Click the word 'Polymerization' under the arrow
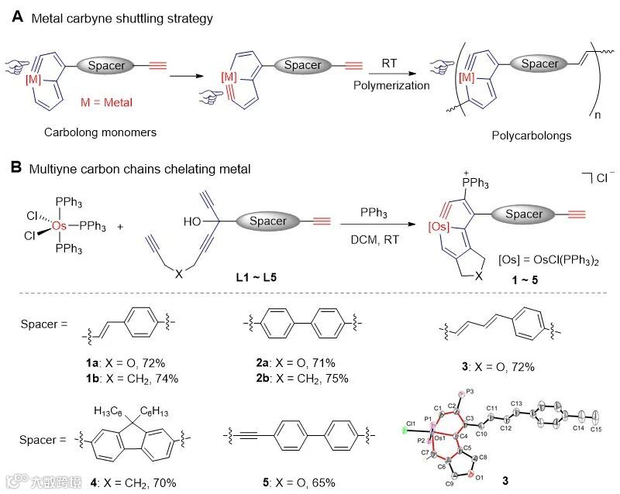click(x=392, y=85)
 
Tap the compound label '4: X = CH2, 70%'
click(x=128, y=482)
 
